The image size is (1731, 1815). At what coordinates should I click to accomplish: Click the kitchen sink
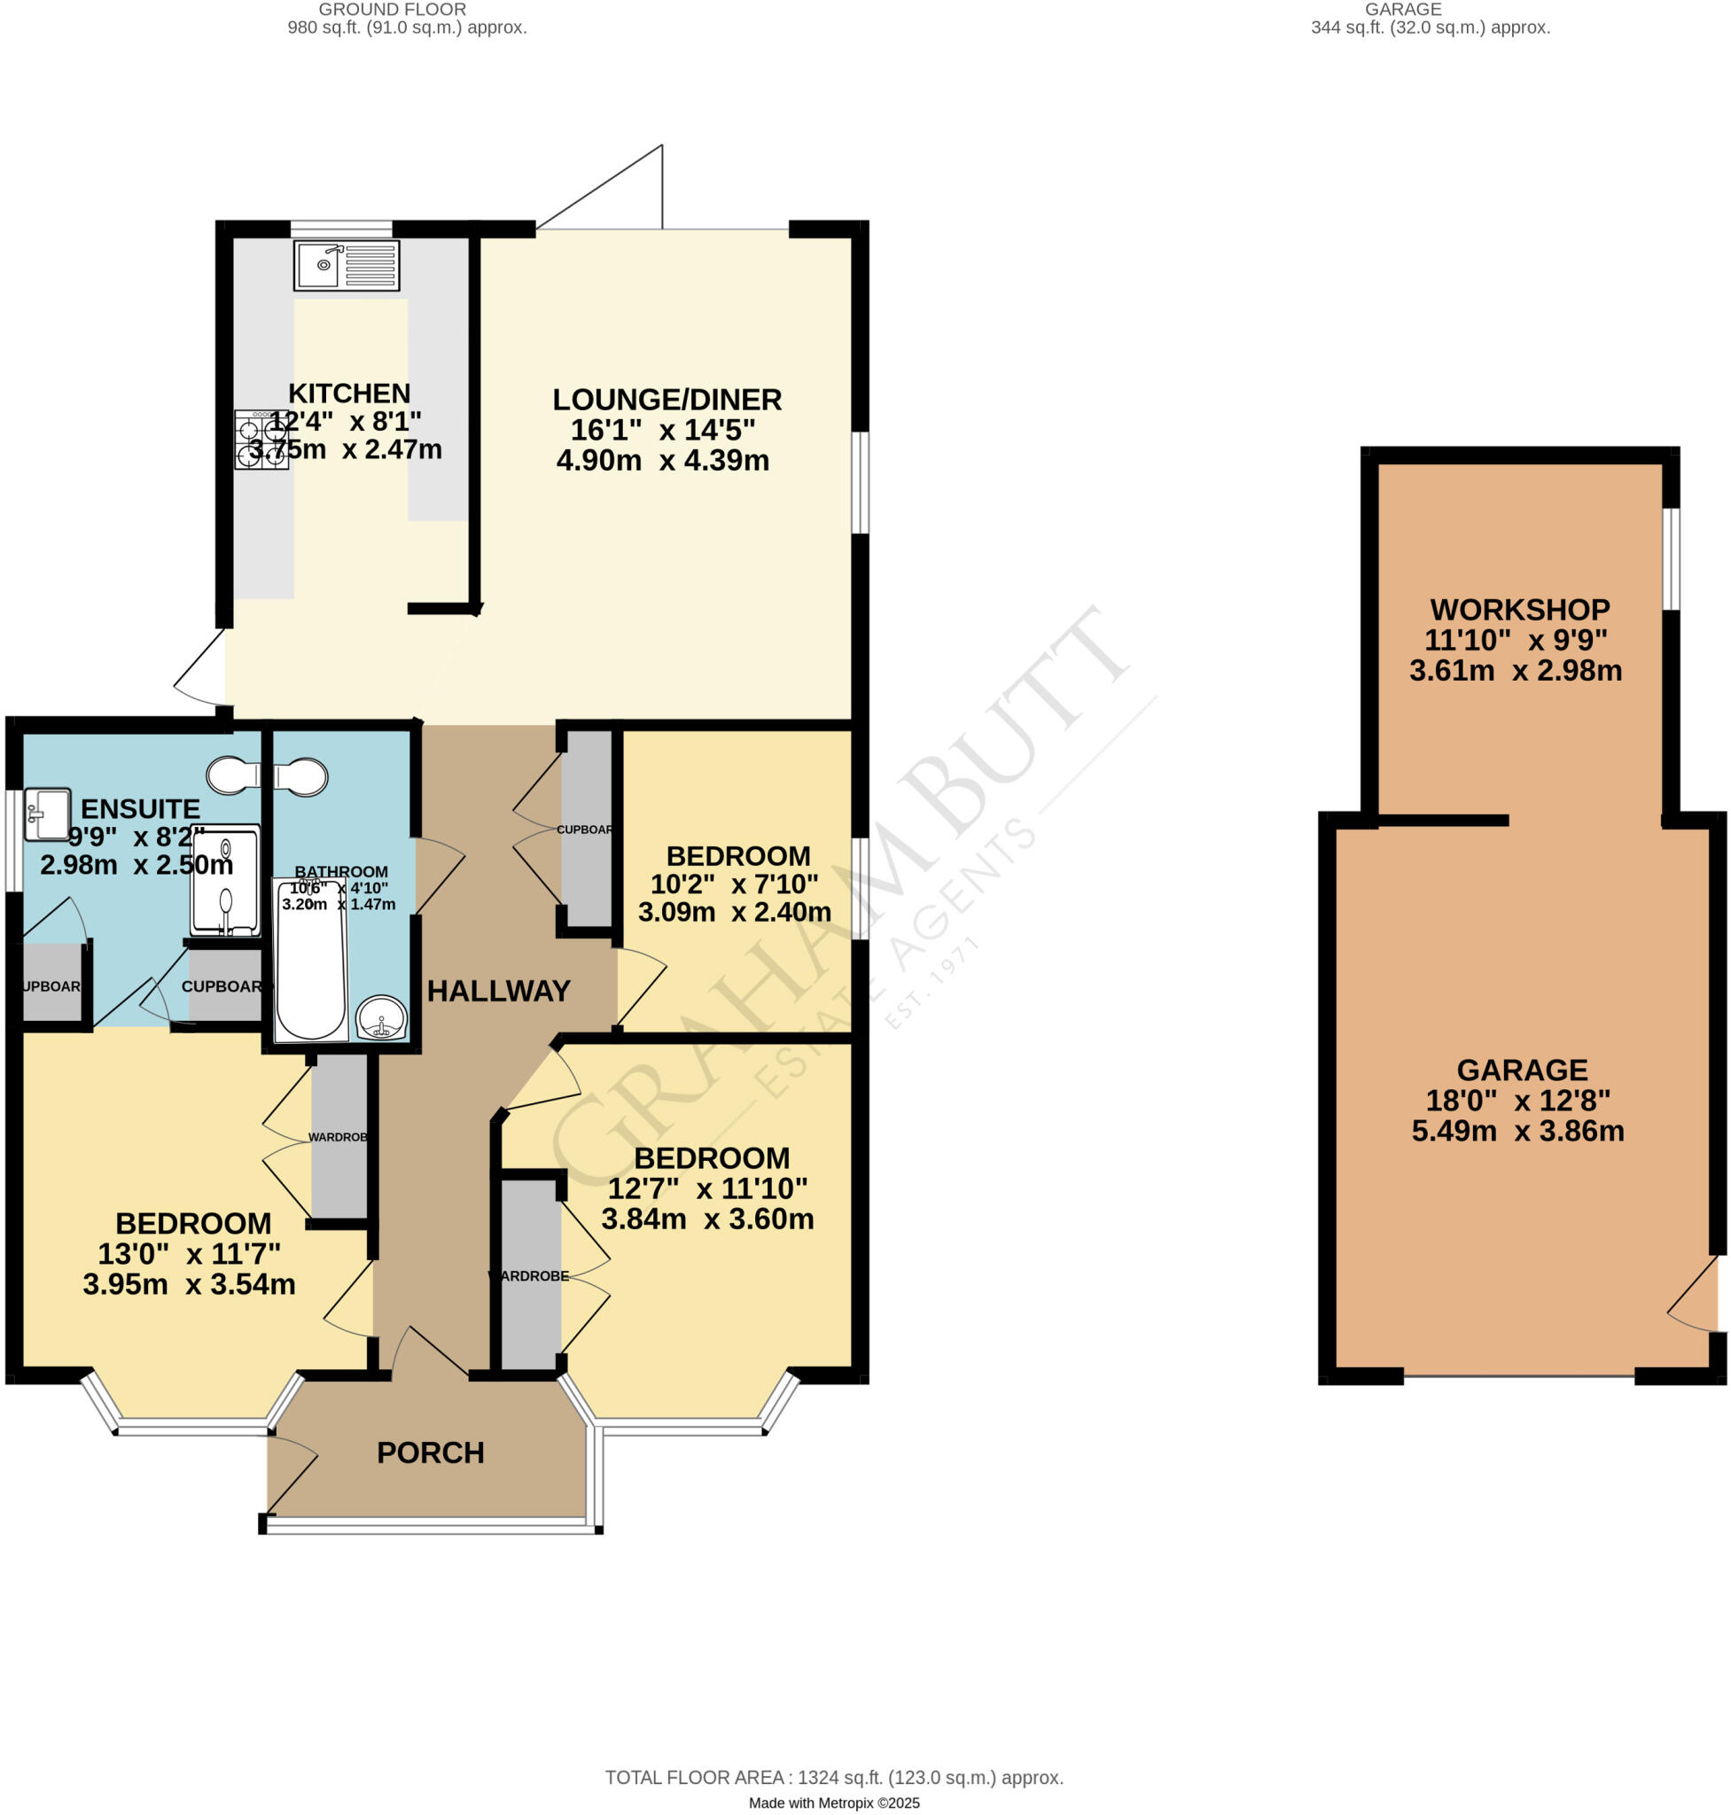click(x=346, y=266)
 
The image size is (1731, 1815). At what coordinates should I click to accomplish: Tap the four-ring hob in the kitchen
click(x=261, y=440)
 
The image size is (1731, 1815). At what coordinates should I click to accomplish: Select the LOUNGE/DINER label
click(x=667, y=400)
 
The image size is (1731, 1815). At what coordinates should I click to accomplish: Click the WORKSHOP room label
click(x=1520, y=609)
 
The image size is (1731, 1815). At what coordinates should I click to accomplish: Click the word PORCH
click(x=430, y=1453)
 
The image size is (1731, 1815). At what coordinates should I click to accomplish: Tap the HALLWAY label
click(x=498, y=991)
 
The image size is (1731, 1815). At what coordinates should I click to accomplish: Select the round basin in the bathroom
click(x=381, y=1018)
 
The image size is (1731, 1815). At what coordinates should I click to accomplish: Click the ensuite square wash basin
click(x=47, y=814)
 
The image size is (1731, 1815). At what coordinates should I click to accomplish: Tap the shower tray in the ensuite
click(x=225, y=880)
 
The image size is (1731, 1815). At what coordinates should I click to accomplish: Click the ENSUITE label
click(x=140, y=808)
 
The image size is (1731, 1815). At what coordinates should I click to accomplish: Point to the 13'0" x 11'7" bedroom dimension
click(x=189, y=1253)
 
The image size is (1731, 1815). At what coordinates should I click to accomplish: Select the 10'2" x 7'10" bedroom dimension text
click(x=734, y=884)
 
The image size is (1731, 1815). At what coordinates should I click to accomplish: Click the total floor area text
click(x=834, y=1777)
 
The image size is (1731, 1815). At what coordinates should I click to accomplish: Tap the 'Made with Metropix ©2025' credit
click(x=834, y=1803)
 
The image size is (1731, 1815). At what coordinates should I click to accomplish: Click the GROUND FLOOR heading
click(x=392, y=9)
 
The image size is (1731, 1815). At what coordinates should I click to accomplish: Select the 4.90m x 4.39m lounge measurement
click(x=662, y=460)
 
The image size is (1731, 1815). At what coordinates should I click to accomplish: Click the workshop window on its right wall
click(x=1671, y=558)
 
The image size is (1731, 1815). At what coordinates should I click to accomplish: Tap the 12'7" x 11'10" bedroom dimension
click(x=707, y=1188)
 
